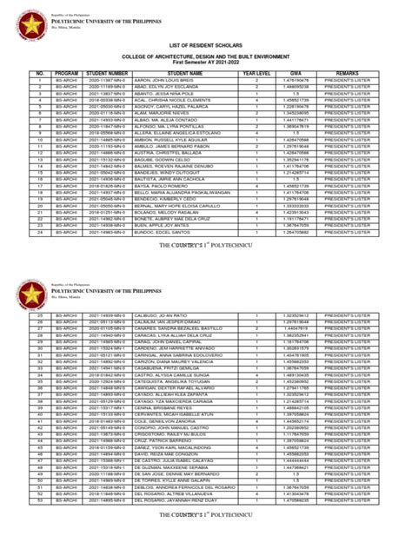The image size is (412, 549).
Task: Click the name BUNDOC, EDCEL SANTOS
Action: click(157, 233)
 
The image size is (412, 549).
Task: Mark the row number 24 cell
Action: click(39, 233)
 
